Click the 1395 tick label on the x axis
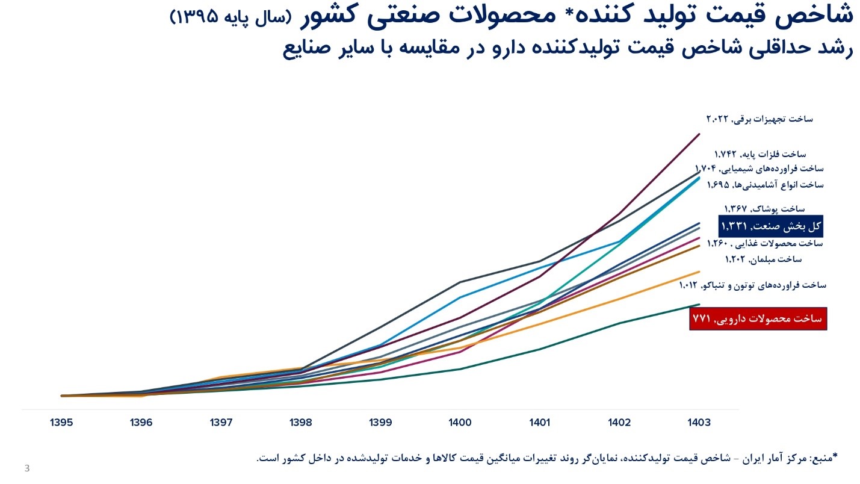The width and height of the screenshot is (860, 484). tap(62, 423)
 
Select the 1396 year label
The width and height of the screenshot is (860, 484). tap(141, 423)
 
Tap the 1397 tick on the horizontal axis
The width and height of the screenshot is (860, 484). tap(221, 423)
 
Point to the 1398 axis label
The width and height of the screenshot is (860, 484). tap(300, 423)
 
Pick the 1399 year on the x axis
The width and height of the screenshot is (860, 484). tap(380, 423)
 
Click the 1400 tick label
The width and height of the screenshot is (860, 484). tap(460, 423)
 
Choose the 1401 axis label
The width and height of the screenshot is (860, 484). tap(540, 423)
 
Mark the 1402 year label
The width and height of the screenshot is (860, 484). tap(619, 423)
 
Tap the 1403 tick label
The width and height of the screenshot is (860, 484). tap(699, 423)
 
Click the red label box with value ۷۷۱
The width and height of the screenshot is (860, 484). tap(758, 318)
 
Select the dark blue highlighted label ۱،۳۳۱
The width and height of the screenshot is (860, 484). tap(771, 226)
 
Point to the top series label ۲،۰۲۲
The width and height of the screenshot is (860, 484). tap(759, 119)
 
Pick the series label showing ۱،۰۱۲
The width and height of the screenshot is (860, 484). tap(752, 285)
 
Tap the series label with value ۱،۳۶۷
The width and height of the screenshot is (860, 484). tap(761, 209)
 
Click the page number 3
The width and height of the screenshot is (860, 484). tap(26, 468)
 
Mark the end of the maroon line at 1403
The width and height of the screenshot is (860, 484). tap(699, 134)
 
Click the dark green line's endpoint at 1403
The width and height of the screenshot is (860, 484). tap(699, 305)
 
